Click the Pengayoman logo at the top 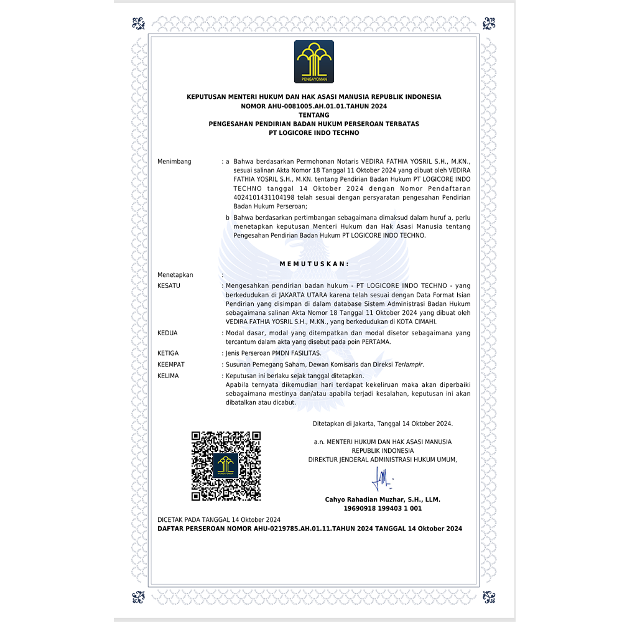(313, 62)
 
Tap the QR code (226, 466)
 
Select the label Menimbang (174, 162)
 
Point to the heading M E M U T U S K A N (313, 264)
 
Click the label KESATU (169, 285)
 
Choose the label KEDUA (168, 333)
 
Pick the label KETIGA (169, 353)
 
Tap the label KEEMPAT (171, 364)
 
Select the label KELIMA (169, 376)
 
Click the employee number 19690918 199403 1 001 (383, 508)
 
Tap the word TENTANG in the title (313, 115)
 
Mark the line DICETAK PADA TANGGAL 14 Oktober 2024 (219, 519)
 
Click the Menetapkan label (175, 275)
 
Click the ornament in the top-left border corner (138, 24)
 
